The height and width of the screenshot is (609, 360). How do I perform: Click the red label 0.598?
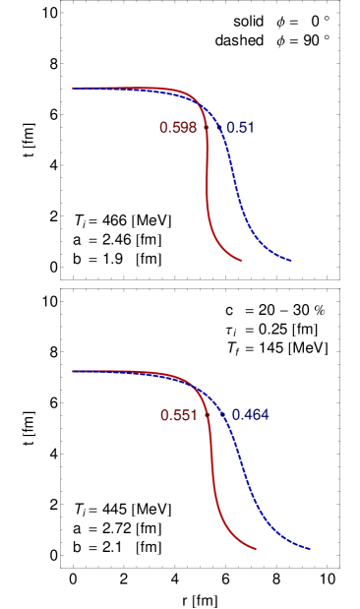pos(178,128)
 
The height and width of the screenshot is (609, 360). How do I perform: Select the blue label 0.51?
pos(240,128)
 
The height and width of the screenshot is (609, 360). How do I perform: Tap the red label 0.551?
pos(178,416)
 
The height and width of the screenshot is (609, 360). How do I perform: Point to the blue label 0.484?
pos(250,415)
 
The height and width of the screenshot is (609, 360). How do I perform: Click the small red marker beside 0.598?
pos(206,127)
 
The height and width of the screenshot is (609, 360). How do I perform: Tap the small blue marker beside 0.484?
pos(224,416)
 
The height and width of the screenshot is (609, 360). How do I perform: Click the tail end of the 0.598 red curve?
pos(242,260)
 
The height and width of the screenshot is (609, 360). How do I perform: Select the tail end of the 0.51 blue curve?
pos(291,261)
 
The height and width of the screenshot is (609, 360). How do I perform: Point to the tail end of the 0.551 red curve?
pos(256,548)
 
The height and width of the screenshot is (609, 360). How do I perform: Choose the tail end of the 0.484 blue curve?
pos(309,548)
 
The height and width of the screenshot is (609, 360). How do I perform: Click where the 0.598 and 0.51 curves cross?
pos(201,103)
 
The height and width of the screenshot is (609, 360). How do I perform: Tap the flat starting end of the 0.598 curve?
pos(74,89)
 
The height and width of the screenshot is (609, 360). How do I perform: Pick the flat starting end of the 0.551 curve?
pos(74,372)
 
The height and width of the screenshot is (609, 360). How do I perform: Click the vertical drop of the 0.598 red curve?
pos(207,177)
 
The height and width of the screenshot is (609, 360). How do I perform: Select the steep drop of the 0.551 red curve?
pos(213,472)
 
